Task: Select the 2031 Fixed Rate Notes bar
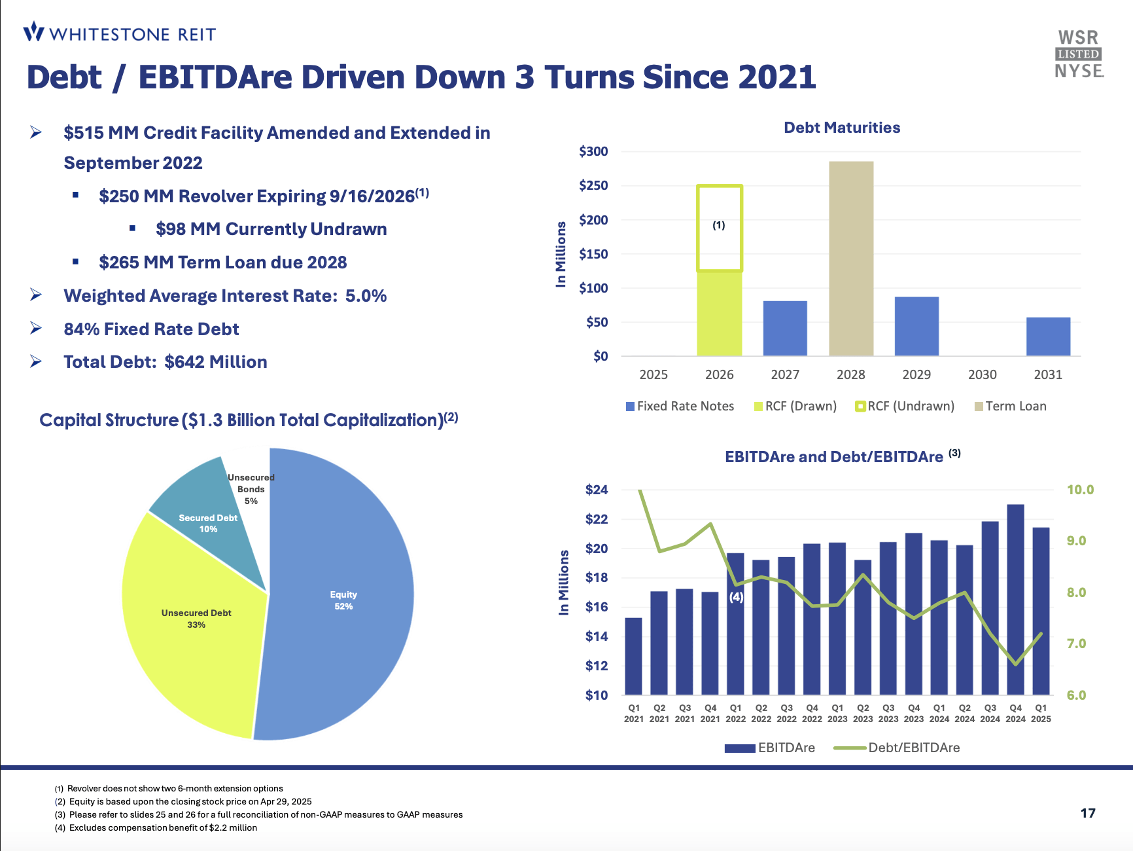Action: pyautogui.click(x=1048, y=336)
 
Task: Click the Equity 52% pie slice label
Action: pyautogui.click(x=343, y=600)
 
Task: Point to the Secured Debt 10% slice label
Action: pyautogui.click(x=208, y=523)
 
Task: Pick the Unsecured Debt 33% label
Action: pyautogui.click(x=196, y=619)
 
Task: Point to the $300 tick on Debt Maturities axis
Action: pyautogui.click(x=593, y=151)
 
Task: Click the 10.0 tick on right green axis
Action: pyautogui.click(x=1080, y=490)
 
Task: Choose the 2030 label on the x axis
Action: pyautogui.click(x=982, y=374)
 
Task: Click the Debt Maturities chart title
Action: pyautogui.click(x=842, y=128)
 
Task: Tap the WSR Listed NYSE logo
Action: pyautogui.click(x=1079, y=54)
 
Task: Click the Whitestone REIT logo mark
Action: pyautogui.click(x=33, y=31)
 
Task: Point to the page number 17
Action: pyautogui.click(x=1087, y=813)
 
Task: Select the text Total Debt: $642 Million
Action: pyautogui.click(x=165, y=362)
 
